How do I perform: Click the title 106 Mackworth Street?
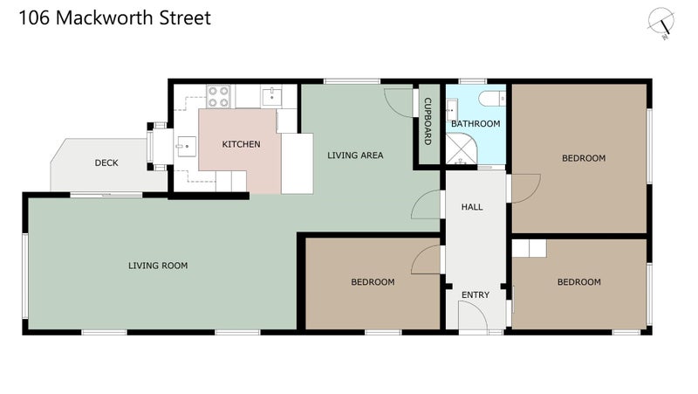click(x=115, y=17)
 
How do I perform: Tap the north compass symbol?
click(x=661, y=24)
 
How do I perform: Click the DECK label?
click(x=106, y=162)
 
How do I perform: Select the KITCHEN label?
click(x=241, y=144)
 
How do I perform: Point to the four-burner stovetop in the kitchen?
click(x=219, y=97)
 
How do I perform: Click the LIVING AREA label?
click(x=355, y=156)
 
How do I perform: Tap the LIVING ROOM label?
click(x=158, y=266)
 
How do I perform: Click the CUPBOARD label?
click(x=428, y=121)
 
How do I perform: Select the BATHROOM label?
click(x=476, y=123)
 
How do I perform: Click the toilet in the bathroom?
click(x=492, y=98)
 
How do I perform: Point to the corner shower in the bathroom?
click(x=462, y=149)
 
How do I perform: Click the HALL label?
click(x=472, y=207)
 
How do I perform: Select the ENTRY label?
click(x=476, y=294)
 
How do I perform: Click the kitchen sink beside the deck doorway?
click(x=186, y=147)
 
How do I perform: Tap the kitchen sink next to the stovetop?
click(x=271, y=97)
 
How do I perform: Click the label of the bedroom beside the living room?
click(x=373, y=281)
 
